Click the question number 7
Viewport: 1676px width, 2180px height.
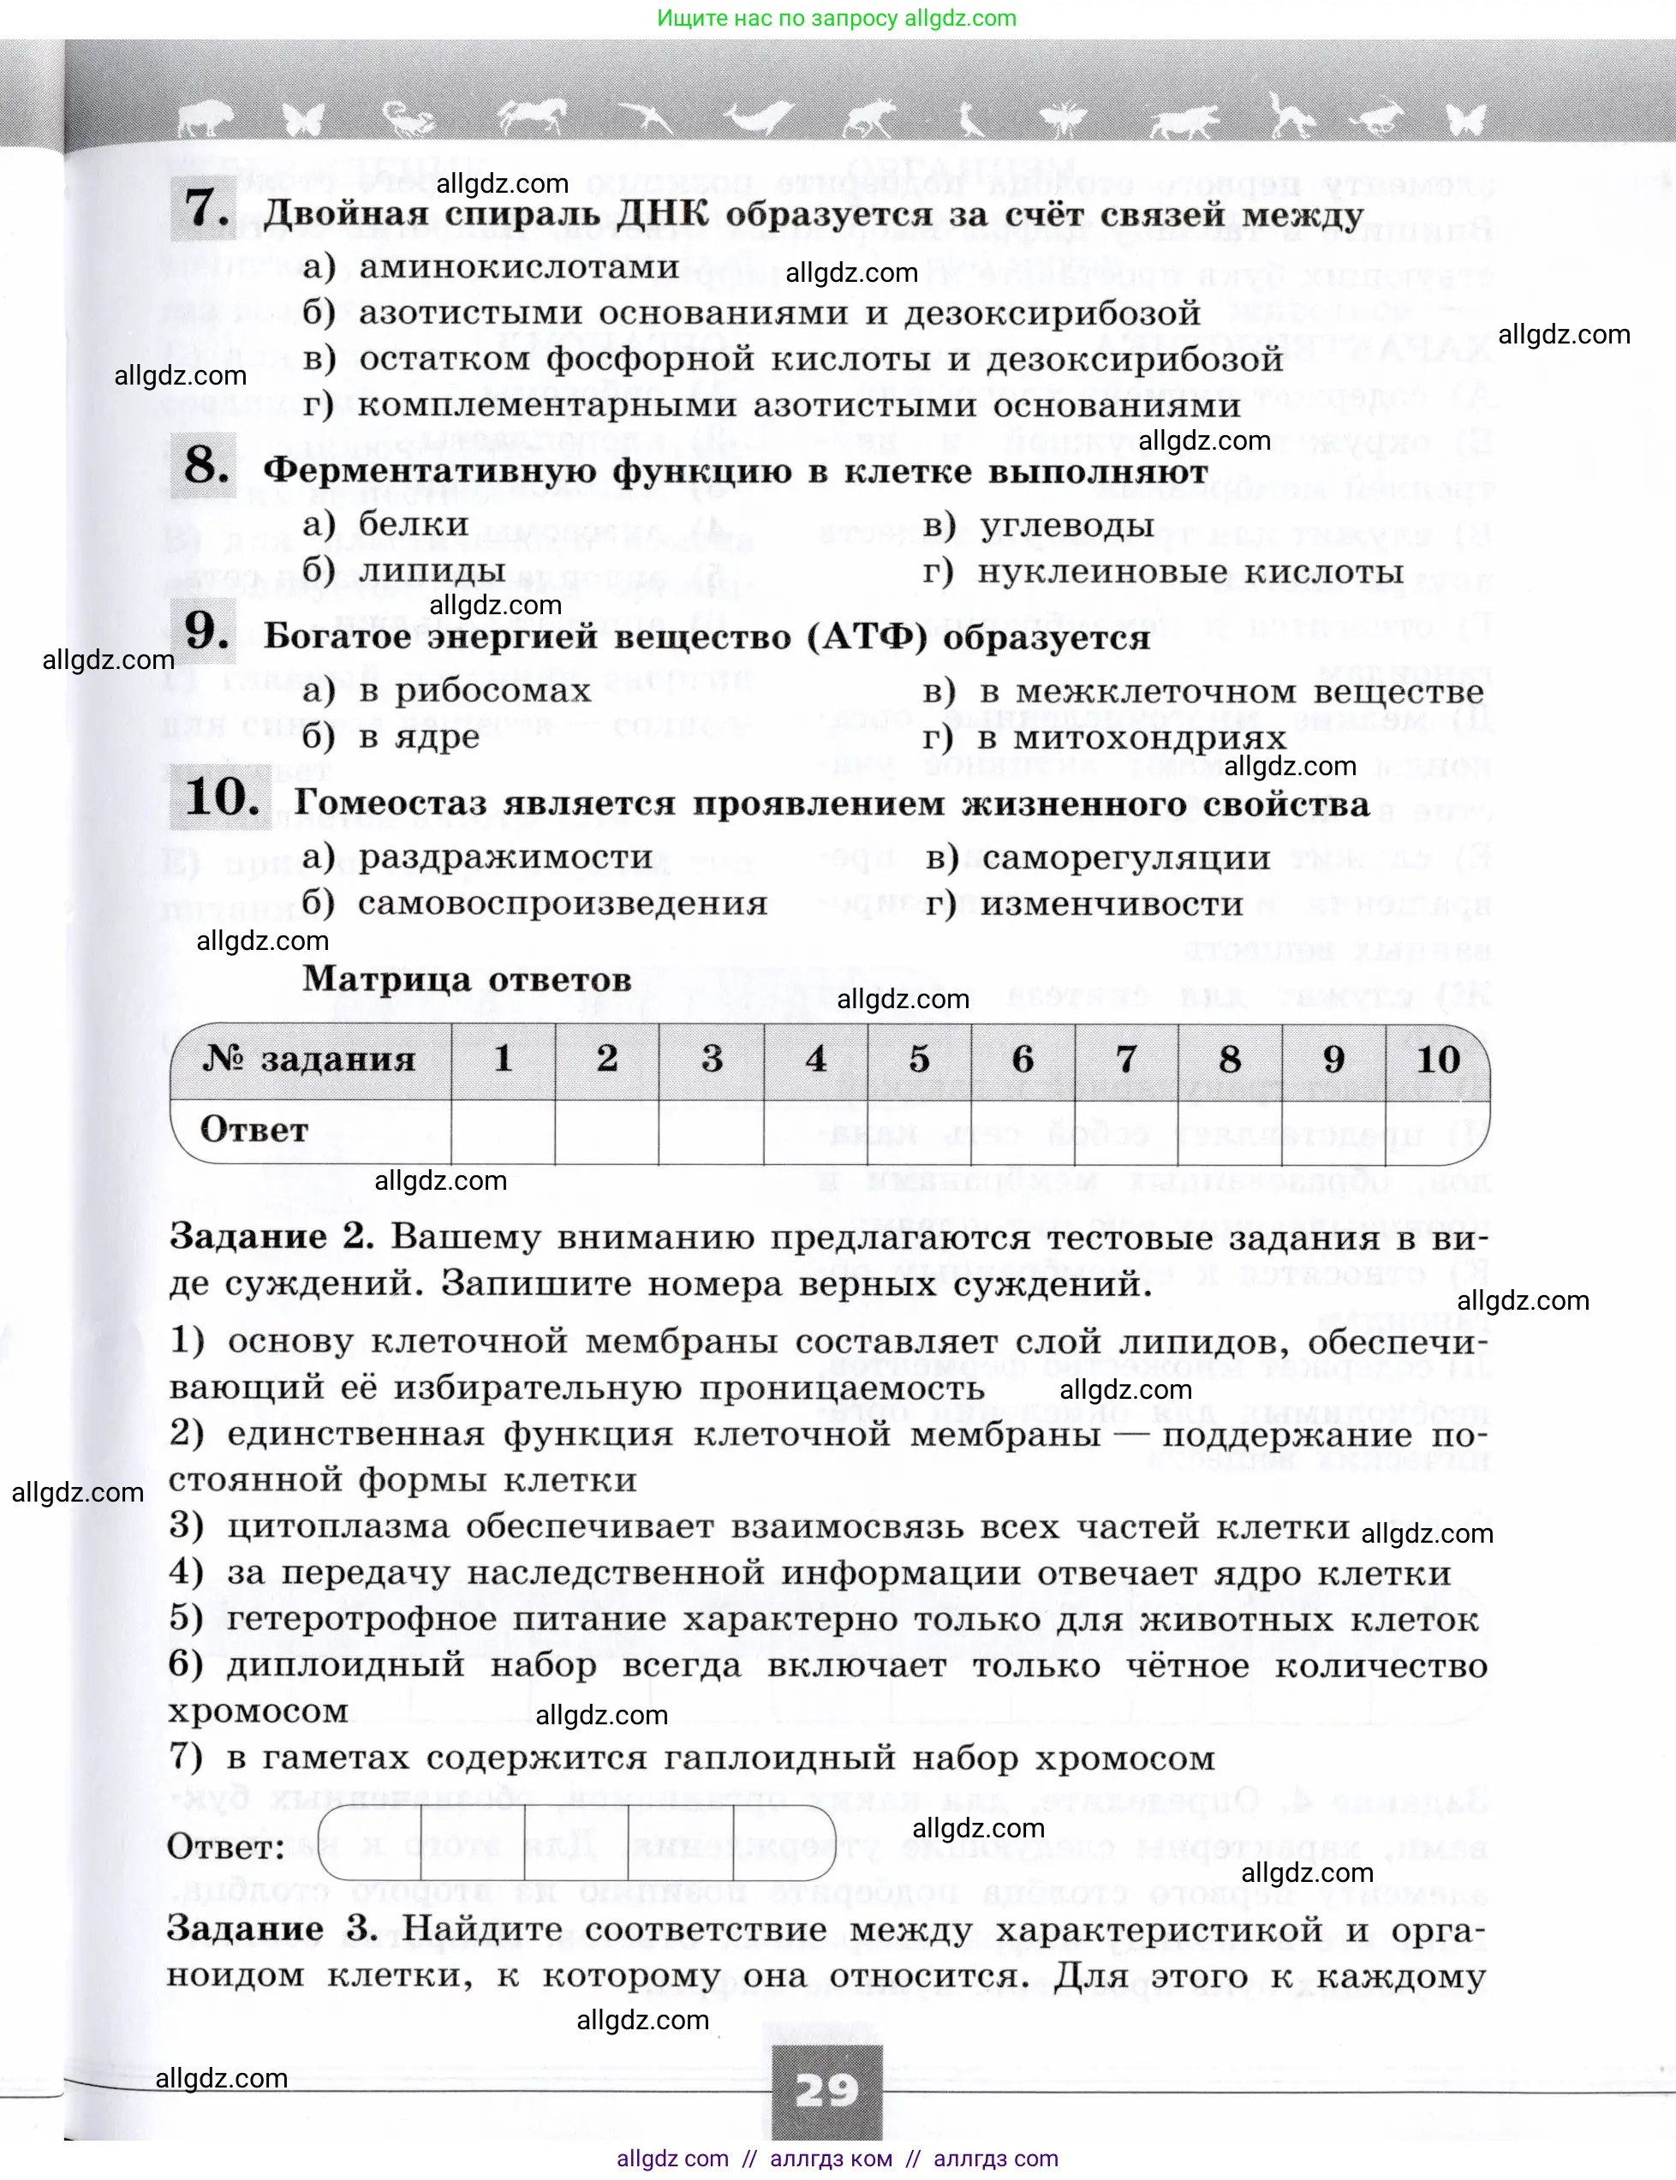(x=206, y=208)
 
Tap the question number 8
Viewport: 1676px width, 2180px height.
(x=206, y=465)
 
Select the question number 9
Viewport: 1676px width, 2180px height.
(x=206, y=630)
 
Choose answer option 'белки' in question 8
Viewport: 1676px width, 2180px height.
(x=413, y=523)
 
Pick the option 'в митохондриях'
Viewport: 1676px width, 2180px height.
(x=1131, y=739)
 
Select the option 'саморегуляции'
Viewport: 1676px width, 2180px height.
(x=1125, y=858)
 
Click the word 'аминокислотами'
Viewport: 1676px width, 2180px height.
(x=519, y=267)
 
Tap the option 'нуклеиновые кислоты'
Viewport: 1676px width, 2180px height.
(x=1190, y=573)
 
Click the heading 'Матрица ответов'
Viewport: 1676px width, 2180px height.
(x=467, y=979)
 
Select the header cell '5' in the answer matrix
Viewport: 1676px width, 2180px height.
(x=919, y=1060)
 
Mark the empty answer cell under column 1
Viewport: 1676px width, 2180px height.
(x=503, y=1132)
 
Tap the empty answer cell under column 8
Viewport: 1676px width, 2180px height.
(x=1229, y=1132)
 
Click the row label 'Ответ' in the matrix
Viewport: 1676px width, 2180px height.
(x=254, y=1131)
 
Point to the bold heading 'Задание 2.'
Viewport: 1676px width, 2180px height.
(x=271, y=1237)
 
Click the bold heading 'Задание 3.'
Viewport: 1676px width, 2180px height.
(x=271, y=1928)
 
